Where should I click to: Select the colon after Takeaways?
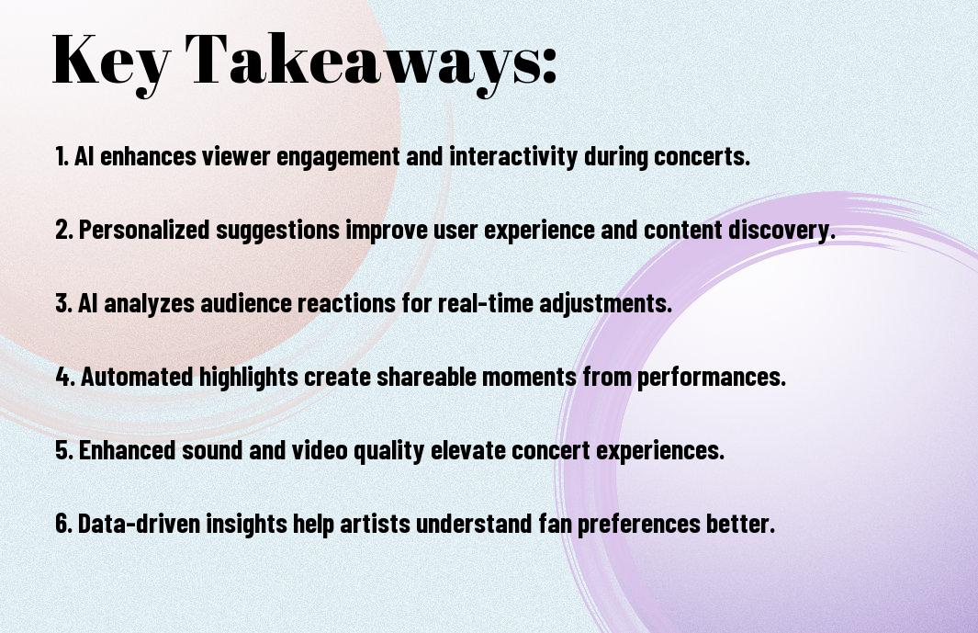coord(549,65)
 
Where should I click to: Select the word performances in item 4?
coord(712,378)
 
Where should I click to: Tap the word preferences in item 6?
coord(639,524)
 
